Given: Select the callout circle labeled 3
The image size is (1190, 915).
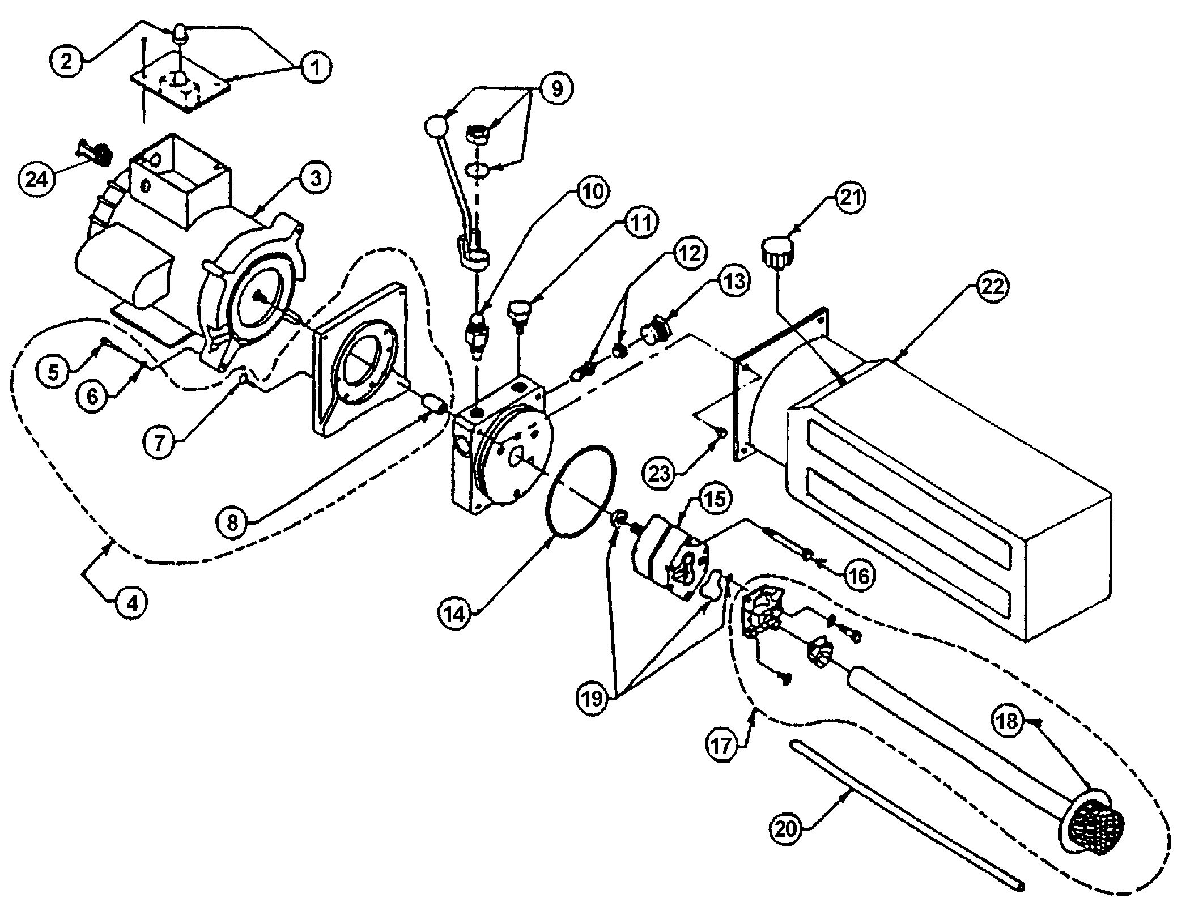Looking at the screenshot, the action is pyautogui.click(x=315, y=177).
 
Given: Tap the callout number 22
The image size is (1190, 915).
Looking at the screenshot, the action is pyautogui.click(x=991, y=286).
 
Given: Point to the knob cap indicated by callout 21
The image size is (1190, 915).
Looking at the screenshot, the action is pyautogui.click(x=777, y=254).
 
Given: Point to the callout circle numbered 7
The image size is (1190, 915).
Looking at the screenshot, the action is pyautogui.click(x=159, y=441).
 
